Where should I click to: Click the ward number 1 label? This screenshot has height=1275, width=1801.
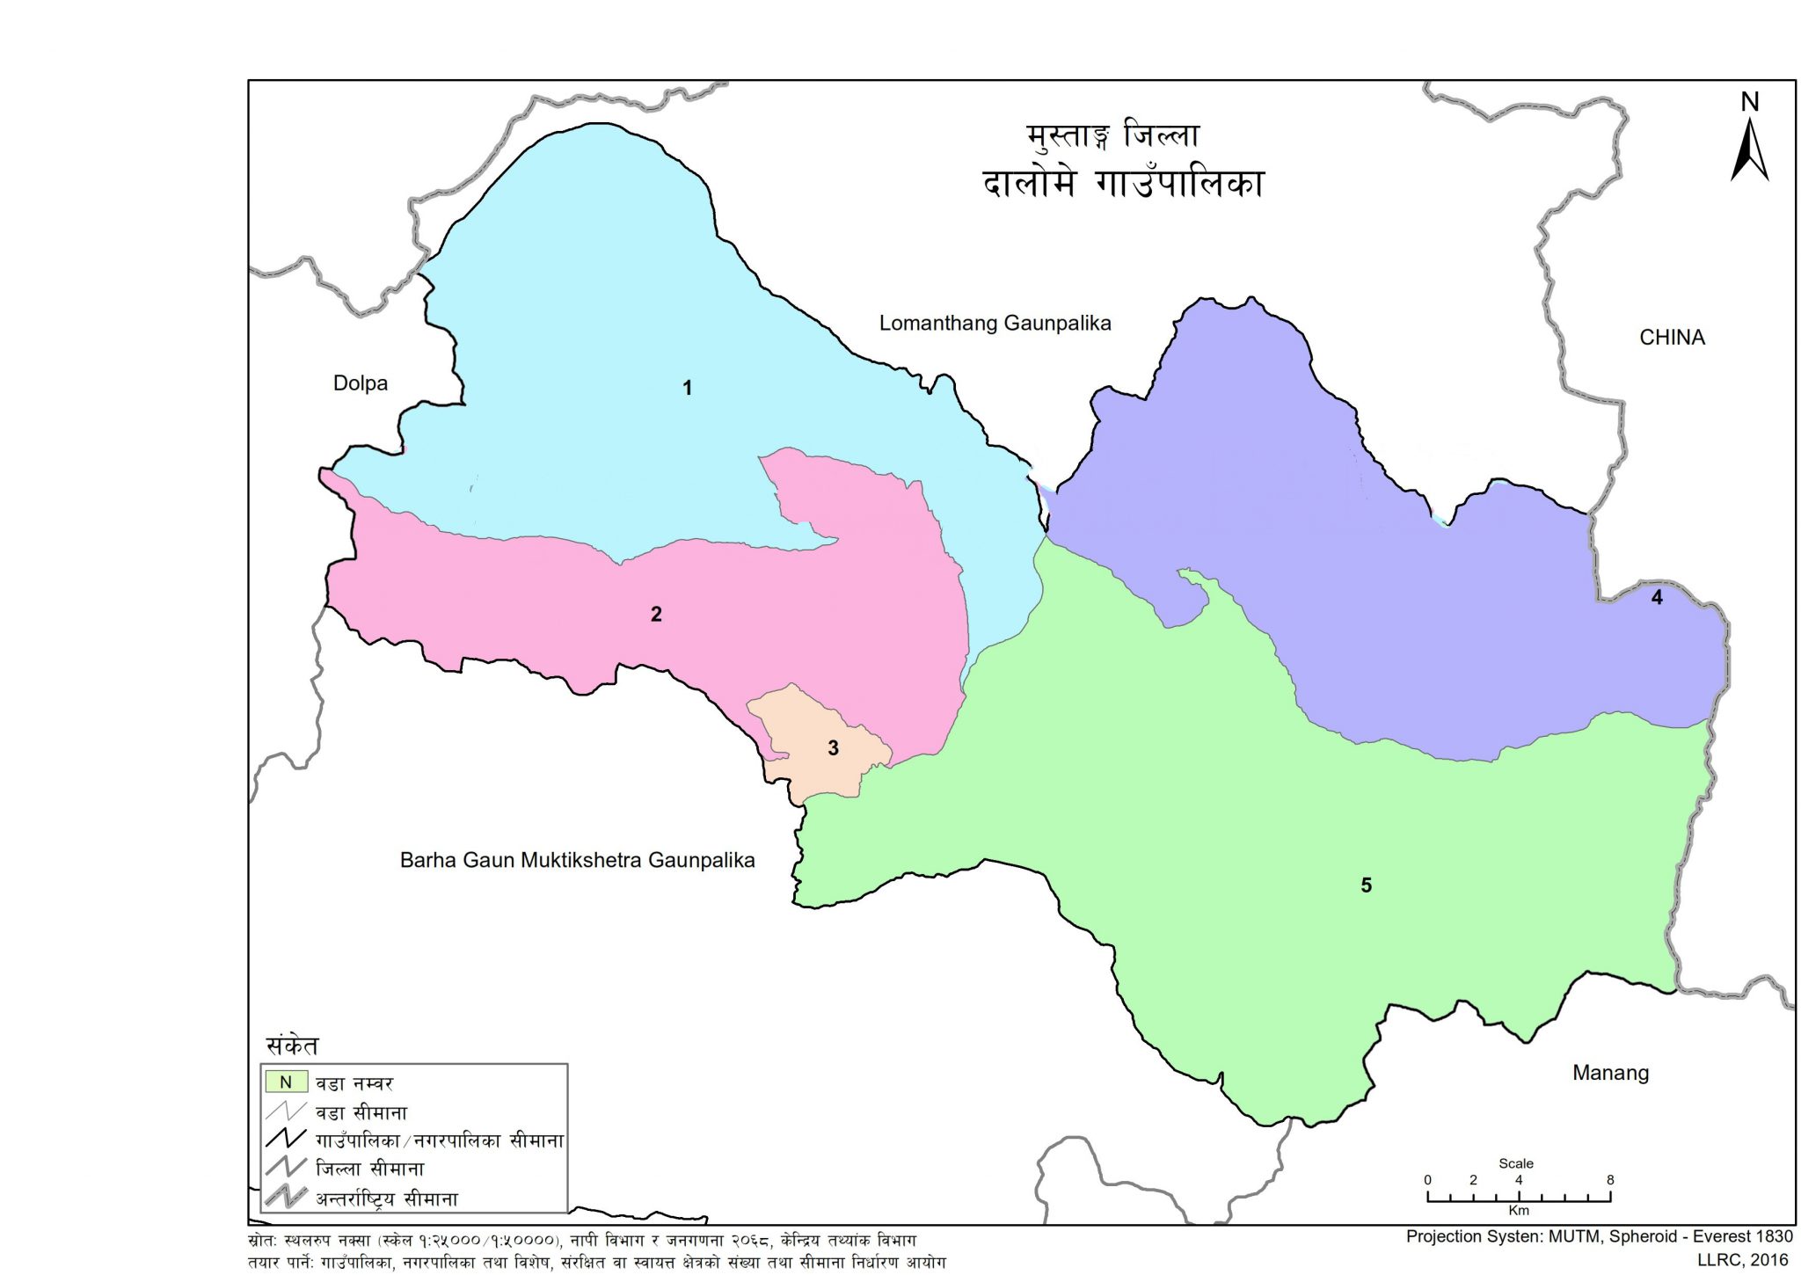[x=688, y=388]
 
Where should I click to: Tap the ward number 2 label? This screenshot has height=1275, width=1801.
[x=656, y=615]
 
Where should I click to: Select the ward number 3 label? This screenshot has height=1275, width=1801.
[x=833, y=748]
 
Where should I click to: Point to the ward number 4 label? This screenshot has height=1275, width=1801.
[x=1657, y=598]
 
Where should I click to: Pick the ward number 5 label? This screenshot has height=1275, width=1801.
[x=1366, y=885]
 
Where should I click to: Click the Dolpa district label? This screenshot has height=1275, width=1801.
[x=361, y=383]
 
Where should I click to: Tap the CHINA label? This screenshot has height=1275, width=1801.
[x=1672, y=338]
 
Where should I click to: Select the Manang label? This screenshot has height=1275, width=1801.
[x=1610, y=1073]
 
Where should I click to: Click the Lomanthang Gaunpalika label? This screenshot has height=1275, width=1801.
[x=995, y=324]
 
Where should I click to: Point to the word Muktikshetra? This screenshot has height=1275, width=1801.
[x=581, y=860]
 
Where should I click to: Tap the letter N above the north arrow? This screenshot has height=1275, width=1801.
[x=1750, y=103]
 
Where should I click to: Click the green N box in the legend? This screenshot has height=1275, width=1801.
[x=286, y=1082]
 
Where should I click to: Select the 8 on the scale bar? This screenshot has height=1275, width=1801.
[x=1610, y=1180]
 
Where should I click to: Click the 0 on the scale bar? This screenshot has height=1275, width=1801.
[x=1427, y=1180]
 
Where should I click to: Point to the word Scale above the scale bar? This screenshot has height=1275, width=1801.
[x=1516, y=1163]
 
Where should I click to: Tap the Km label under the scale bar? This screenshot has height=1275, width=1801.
[x=1519, y=1211]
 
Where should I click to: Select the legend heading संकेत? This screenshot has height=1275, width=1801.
[x=292, y=1045]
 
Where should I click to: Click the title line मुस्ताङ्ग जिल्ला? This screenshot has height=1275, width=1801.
[x=1112, y=137]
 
